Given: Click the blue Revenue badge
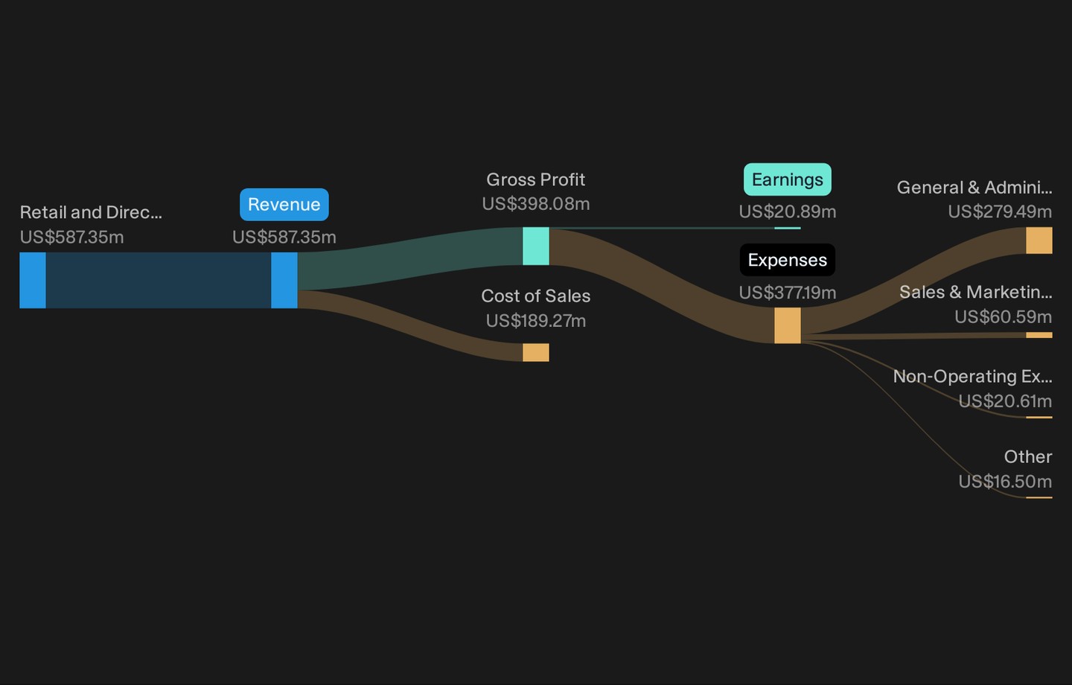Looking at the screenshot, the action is coord(284,205).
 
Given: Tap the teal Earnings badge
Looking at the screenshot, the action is coord(788,179).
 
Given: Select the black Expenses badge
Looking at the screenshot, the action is coord(788,260).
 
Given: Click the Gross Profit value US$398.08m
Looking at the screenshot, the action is coord(535,204).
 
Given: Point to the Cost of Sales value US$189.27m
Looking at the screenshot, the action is coord(535,321).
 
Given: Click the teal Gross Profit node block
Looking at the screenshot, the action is coord(536,246).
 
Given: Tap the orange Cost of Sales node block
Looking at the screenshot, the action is coord(536,352).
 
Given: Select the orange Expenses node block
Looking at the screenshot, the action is coord(788,325).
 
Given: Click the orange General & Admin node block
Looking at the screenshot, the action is coord(1039,240).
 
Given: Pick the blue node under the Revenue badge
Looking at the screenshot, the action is coord(284,280).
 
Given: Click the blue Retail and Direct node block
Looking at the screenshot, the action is coord(33,280).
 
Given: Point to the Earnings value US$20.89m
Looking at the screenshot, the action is coord(788,211).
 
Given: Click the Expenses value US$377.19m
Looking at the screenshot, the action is coord(788,293).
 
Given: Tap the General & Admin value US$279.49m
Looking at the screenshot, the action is coord(1000,211).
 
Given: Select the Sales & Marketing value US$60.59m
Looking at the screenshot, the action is coord(1003,316).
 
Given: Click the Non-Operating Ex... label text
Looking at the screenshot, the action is coord(972,376).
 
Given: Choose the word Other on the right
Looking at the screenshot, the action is coord(1028,456).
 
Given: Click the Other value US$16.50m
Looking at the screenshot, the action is coord(1005,481).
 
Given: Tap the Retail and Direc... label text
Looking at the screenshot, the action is coord(91,212).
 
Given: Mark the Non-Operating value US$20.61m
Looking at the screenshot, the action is coord(1005,401).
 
